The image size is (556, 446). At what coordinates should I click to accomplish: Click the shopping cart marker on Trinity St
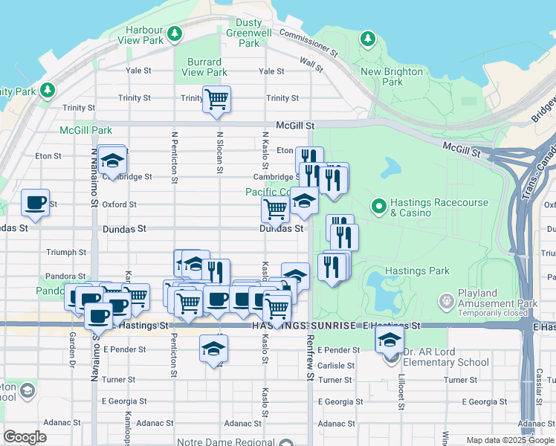(x=216, y=99)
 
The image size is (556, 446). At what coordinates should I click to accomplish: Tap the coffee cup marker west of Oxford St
(x=36, y=202)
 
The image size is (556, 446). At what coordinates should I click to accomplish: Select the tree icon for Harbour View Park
(x=175, y=33)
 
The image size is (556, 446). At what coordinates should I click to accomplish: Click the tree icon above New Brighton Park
(x=367, y=38)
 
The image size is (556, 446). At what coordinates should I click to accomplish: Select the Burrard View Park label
(x=204, y=67)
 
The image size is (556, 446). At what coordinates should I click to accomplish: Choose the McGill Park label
(x=86, y=130)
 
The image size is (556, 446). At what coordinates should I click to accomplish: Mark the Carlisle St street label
(x=336, y=366)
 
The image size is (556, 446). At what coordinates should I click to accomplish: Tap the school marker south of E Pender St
(x=214, y=348)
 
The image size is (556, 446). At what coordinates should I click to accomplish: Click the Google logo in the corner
(x=25, y=437)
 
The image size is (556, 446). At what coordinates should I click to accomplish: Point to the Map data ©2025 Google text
(x=511, y=440)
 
